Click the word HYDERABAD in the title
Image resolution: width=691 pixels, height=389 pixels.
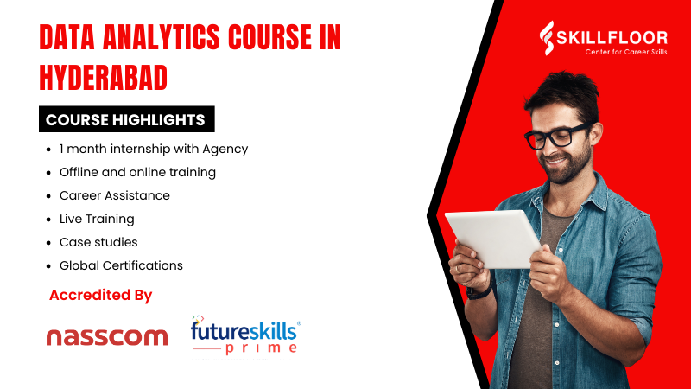click(104, 78)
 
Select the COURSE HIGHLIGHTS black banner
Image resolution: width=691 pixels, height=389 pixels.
click(126, 119)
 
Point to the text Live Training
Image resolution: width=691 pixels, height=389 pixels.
click(97, 219)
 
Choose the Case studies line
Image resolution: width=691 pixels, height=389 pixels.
click(98, 242)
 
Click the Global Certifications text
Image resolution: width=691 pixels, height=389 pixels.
click(121, 265)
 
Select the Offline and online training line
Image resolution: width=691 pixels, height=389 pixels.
click(137, 172)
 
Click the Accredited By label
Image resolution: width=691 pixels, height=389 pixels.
click(101, 295)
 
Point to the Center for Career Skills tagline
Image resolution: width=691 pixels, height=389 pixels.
click(614, 51)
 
